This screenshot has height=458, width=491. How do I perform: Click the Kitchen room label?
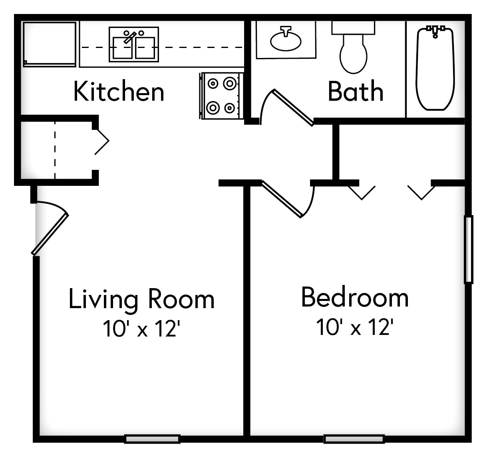point(119,92)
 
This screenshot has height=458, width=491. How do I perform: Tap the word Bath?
point(356,92)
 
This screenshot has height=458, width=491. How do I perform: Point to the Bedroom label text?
point(355,297)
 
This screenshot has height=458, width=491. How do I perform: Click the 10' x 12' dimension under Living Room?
point(139,329)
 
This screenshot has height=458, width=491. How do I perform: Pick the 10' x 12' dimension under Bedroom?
point(353,328)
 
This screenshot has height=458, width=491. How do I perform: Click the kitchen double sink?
point(134,45)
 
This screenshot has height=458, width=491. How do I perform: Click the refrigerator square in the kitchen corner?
point(50,44)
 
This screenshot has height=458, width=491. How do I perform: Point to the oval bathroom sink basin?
point(286,40)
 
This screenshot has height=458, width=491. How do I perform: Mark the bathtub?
point(435,70)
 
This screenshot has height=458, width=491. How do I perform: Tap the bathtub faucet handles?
point(435,30)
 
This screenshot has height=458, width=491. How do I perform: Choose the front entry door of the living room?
point(50,234)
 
